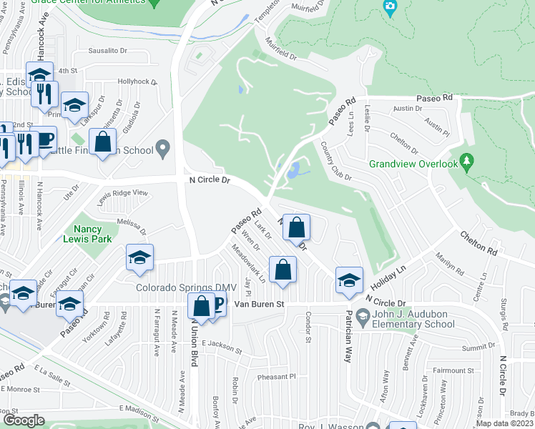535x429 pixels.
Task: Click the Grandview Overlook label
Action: click(413, 164)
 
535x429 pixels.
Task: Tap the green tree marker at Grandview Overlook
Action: click(467, 161)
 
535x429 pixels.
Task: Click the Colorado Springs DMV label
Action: click(186, 287)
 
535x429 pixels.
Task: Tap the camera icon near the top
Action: click(389, 8)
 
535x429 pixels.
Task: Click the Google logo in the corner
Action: click(24, 420)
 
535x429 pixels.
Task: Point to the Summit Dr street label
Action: click(478, 347)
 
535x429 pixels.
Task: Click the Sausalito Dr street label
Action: click(107, 51)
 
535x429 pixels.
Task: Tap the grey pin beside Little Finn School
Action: click(163, 150)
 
